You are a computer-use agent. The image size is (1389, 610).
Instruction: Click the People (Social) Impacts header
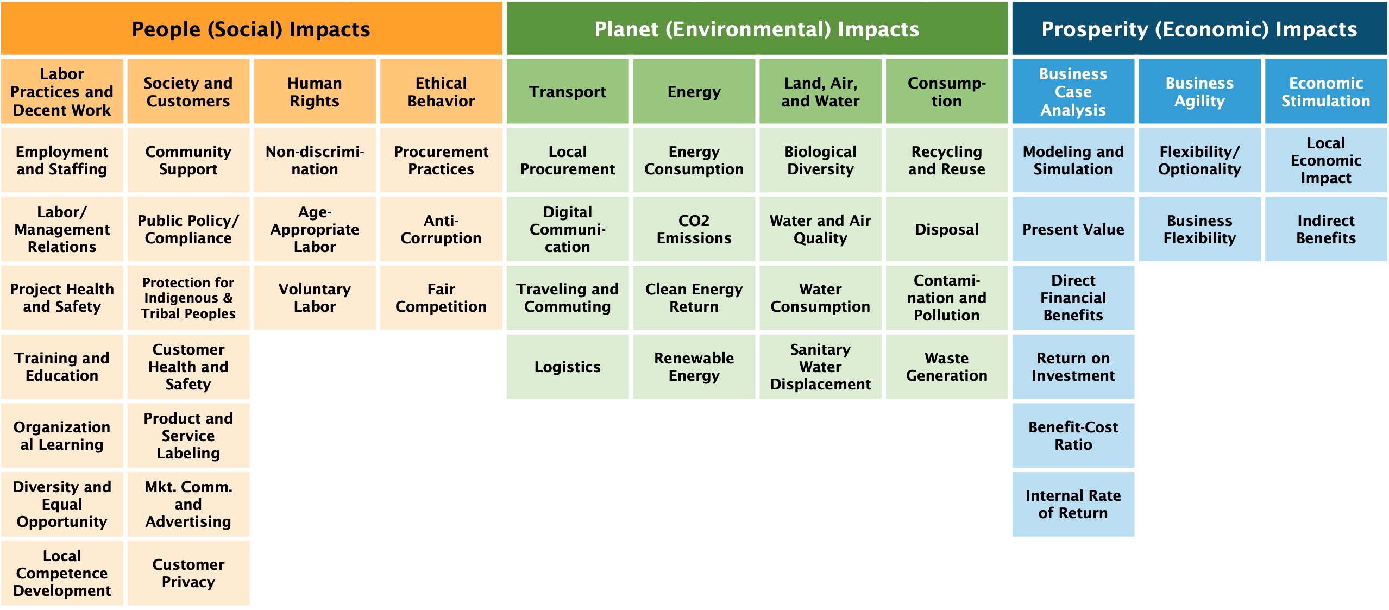click(x=252, y=28)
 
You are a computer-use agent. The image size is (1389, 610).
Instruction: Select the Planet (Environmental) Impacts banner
click(x=757, y=28)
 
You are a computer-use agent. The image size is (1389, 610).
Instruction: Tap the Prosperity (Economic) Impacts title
click(x=1199, y=28)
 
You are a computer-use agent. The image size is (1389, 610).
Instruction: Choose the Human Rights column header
click(x=315, y=91)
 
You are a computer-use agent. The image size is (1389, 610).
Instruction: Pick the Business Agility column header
click(x=1199, y=91)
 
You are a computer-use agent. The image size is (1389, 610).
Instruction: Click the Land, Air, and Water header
click(x=820, y=91)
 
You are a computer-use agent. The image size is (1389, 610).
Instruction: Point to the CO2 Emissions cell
click(x=694, y=229)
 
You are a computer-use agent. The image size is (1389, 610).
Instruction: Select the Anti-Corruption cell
click(x=441, y=229)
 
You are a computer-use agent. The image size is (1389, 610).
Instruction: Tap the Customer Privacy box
click(x=188, y=573)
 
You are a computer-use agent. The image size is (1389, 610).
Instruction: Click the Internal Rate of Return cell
click(x=1073, y=504)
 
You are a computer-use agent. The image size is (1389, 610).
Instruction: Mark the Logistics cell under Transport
click(x=568, y=367)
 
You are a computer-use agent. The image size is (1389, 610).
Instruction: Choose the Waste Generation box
click(x=947, y=367)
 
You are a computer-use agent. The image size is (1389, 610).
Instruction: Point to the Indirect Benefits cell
click(x=1326, y=229)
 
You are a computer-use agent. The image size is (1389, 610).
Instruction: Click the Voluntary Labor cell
click(x=315, y=298)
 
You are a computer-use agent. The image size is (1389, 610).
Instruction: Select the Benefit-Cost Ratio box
click(x=1073, y=435)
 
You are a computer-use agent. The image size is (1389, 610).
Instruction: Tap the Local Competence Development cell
click(x=62, y=573)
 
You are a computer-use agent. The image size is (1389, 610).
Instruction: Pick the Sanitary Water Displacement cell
click(x=820, y=367)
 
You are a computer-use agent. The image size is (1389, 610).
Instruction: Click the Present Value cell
click(x=1073, y=229)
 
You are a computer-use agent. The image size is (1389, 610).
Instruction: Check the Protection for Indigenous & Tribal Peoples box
click(x=188, y=298)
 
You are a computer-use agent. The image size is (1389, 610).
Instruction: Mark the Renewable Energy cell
click(x=694, y=367)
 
